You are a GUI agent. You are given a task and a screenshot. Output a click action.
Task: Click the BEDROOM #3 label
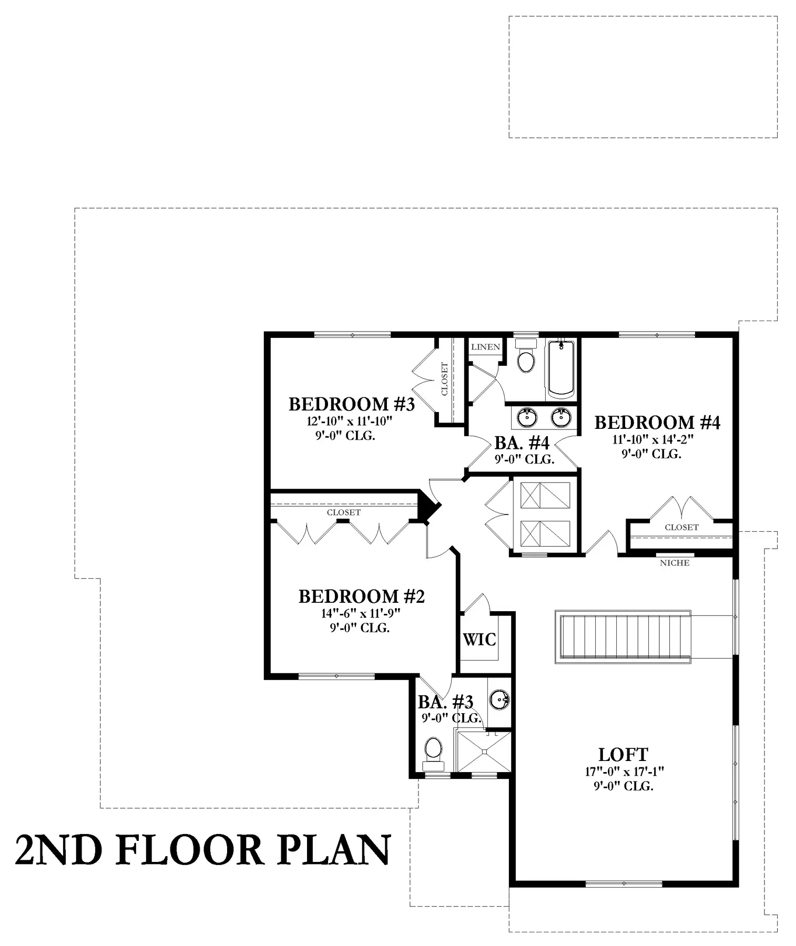click(x=352, y=404)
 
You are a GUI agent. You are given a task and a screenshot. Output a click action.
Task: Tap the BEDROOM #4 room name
click(x=657, y=423)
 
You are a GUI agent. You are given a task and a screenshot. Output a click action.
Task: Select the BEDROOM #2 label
click(x=362, y=597)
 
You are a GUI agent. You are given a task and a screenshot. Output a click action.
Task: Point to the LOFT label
click(x=624, y=755)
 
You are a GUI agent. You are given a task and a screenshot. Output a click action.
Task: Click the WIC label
click(x=479, y=640)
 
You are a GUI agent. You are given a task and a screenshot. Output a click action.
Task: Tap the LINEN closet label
click(x=486, y=347)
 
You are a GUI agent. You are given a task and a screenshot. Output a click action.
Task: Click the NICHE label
click(x=675, y=563)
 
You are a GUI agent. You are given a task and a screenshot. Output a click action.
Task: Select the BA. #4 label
click(x=522, y=443)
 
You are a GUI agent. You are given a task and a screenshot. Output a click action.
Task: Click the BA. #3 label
click(x=446, y=702)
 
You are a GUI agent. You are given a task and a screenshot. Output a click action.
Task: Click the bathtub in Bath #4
click(x=562, y=369)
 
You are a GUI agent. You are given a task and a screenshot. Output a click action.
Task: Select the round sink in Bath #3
click(x=499, y=700)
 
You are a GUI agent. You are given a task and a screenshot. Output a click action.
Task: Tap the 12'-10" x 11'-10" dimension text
click(x=350, y=421)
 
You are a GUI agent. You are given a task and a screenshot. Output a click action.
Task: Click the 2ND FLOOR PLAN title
click(x=203, y=849)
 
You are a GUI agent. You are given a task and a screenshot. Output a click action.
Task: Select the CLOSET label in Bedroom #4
click(x=682, y=527)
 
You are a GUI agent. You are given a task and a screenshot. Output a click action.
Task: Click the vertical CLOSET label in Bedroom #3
click(x=445, y=379)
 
